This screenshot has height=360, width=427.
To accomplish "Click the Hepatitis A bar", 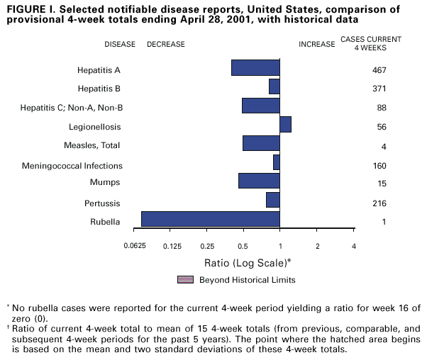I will pyautogui.click(x=255, y=68).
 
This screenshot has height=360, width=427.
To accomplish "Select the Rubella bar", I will pyautogui.click(x=211, y=219).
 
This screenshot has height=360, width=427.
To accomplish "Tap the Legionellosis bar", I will pyautogui.click(x=285, y=125).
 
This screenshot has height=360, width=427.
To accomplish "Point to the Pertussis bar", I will pyautogui.click(x=272, y=200).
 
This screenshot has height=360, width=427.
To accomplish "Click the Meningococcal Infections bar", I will pyautogui.click(x=276, y=162).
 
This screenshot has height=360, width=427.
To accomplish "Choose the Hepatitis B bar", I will pyautogui.click(x=274, y=86).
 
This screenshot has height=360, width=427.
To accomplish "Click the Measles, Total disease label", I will pyautogui.click(x=93, y=145).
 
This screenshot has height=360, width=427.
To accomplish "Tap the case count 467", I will pyautogui.click(x=378, y=70).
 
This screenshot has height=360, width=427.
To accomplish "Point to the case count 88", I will pyautogui.click(x=381, y=108).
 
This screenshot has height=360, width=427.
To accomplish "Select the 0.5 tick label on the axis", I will pyautogui.click(x=243, y=246).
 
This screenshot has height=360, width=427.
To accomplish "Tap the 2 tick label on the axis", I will pyautogui.click(x=317, y=246).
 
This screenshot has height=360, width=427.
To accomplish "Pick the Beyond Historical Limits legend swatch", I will pyautogui.click(x=185, y=279).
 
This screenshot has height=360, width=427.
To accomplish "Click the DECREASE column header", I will pyautogui.click(x=165, y=44).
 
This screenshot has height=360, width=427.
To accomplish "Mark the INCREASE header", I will pyautogui.click(x=316, y=44).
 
